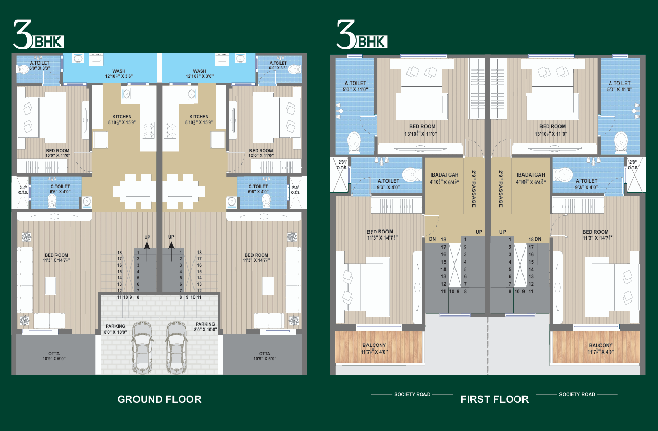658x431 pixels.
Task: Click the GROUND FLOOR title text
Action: tap(159, 399)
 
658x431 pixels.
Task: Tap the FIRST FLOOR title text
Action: tap(494, 399)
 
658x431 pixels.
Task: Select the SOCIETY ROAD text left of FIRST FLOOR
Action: tap(412, 394)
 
